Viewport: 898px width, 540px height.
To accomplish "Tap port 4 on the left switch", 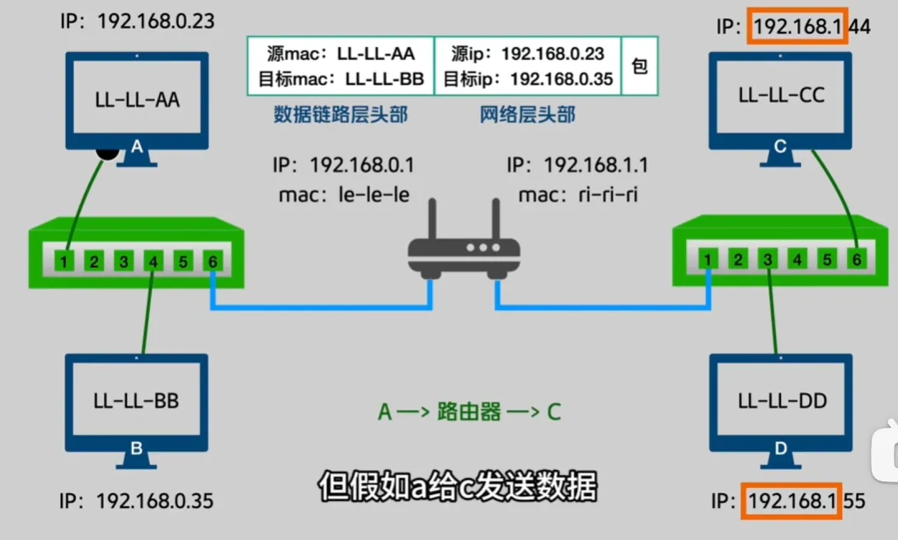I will tap(153, 262).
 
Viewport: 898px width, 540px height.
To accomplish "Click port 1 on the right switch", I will tap(708, 261).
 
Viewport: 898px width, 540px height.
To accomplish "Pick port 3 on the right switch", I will tap(768, 261).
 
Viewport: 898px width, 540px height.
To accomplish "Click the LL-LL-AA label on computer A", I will tap(137, 101).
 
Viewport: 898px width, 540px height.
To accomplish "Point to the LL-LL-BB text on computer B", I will tap(137, 401).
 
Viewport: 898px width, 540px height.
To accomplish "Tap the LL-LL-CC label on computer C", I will tap(781, 94).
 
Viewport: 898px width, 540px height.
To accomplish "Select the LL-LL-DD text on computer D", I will tap(781, 401).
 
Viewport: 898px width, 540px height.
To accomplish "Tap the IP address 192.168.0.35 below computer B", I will tap(156, 500).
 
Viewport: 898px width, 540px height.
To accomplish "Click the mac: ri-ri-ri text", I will tap(577, 196).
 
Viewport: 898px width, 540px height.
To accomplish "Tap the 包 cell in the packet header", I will tap(639, 66).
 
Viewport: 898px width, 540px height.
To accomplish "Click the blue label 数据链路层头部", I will tap(341, 115).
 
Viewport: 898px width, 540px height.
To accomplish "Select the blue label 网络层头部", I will tap(528, 115).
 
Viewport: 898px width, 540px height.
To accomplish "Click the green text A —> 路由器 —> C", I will tap(469, 411).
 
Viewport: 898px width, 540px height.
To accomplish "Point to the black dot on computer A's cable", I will tap(106, 151).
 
